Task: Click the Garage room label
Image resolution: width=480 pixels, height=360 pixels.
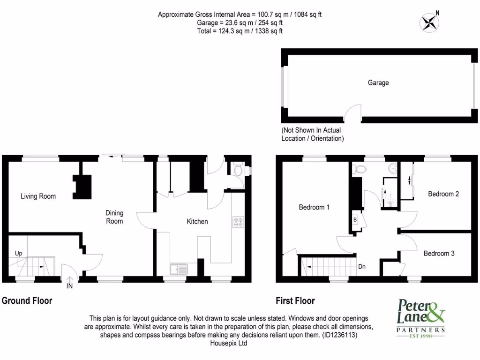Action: coord(378,83)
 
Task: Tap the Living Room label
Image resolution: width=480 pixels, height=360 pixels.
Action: coord(38,196)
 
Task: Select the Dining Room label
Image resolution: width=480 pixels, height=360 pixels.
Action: coord(114,217)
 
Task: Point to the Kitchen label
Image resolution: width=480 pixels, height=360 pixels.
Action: coord(197,221)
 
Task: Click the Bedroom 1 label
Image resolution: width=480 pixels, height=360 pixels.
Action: coord(314,207)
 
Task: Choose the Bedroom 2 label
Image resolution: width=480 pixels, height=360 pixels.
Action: coord(443,194)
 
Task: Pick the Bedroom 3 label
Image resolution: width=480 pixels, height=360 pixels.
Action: coord(439,254)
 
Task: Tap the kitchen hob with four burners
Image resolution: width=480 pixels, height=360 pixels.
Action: coord(238,222)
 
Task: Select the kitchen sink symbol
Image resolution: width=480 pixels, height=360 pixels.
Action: coord(179,269)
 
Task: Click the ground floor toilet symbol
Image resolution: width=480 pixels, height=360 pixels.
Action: coord(238,170)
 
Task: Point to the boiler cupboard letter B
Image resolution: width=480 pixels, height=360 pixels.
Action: coord(355,220)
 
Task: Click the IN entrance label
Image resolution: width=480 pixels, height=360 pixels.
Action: coord(69,285)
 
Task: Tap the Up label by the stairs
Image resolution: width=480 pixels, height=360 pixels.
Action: coord(18,253)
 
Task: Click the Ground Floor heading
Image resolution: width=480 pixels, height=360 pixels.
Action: coord(27,300)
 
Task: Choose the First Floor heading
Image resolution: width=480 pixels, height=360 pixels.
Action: coord(295,301)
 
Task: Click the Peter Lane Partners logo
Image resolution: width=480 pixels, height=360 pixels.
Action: coord(421,317)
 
